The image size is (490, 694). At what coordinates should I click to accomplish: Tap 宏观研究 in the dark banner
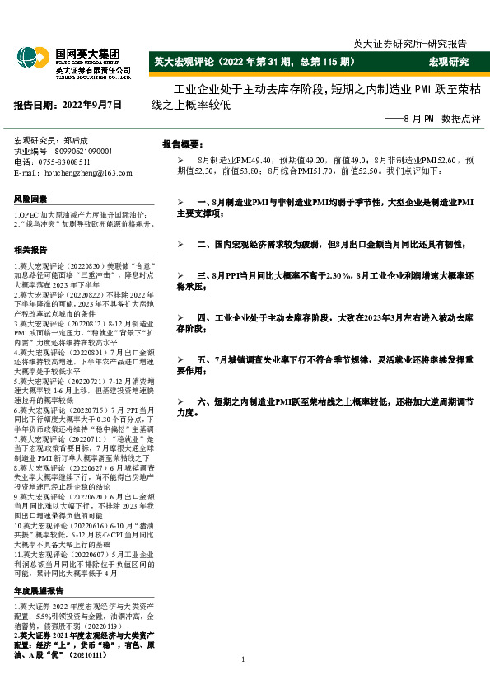click(448, 62)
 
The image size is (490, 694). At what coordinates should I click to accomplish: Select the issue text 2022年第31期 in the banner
click(267, 62)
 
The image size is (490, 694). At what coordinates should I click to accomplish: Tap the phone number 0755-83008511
click(72, 162)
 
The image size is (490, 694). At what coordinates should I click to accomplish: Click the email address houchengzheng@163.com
click(85, 173)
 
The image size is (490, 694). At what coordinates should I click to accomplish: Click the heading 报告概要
click(186, 143)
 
